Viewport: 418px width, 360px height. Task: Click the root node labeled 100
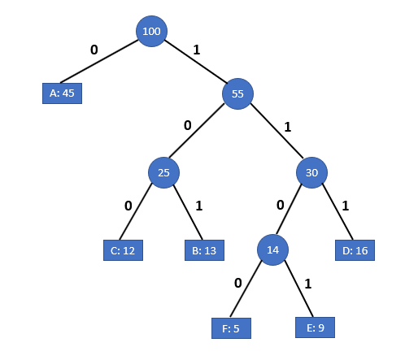tap(151, 31)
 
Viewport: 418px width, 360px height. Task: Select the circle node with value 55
tap(237, 93)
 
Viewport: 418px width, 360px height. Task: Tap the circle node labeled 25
tap(163, 172)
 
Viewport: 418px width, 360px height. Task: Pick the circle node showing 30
tap(311, 172)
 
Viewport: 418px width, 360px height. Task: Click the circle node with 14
tap(272, 249)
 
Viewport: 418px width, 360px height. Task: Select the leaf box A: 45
tap(62, 93)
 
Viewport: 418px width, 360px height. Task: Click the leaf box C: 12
tap(123, 250)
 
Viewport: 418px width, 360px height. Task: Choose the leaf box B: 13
tap(204, 250)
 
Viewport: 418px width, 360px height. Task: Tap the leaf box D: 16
tap(355, 250)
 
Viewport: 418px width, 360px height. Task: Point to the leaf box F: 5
tap(230, 328)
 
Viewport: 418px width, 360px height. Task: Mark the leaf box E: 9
tap(315, 327)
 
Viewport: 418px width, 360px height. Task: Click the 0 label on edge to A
tap(94, 50)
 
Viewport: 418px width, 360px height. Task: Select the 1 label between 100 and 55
tap(196, 50)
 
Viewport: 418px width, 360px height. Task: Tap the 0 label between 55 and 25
tap(187, 126)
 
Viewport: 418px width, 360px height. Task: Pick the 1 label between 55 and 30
tap(287, 127)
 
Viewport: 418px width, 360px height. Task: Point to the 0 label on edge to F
tap(237, 283)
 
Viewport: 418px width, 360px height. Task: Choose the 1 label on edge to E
tap(307, 283)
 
